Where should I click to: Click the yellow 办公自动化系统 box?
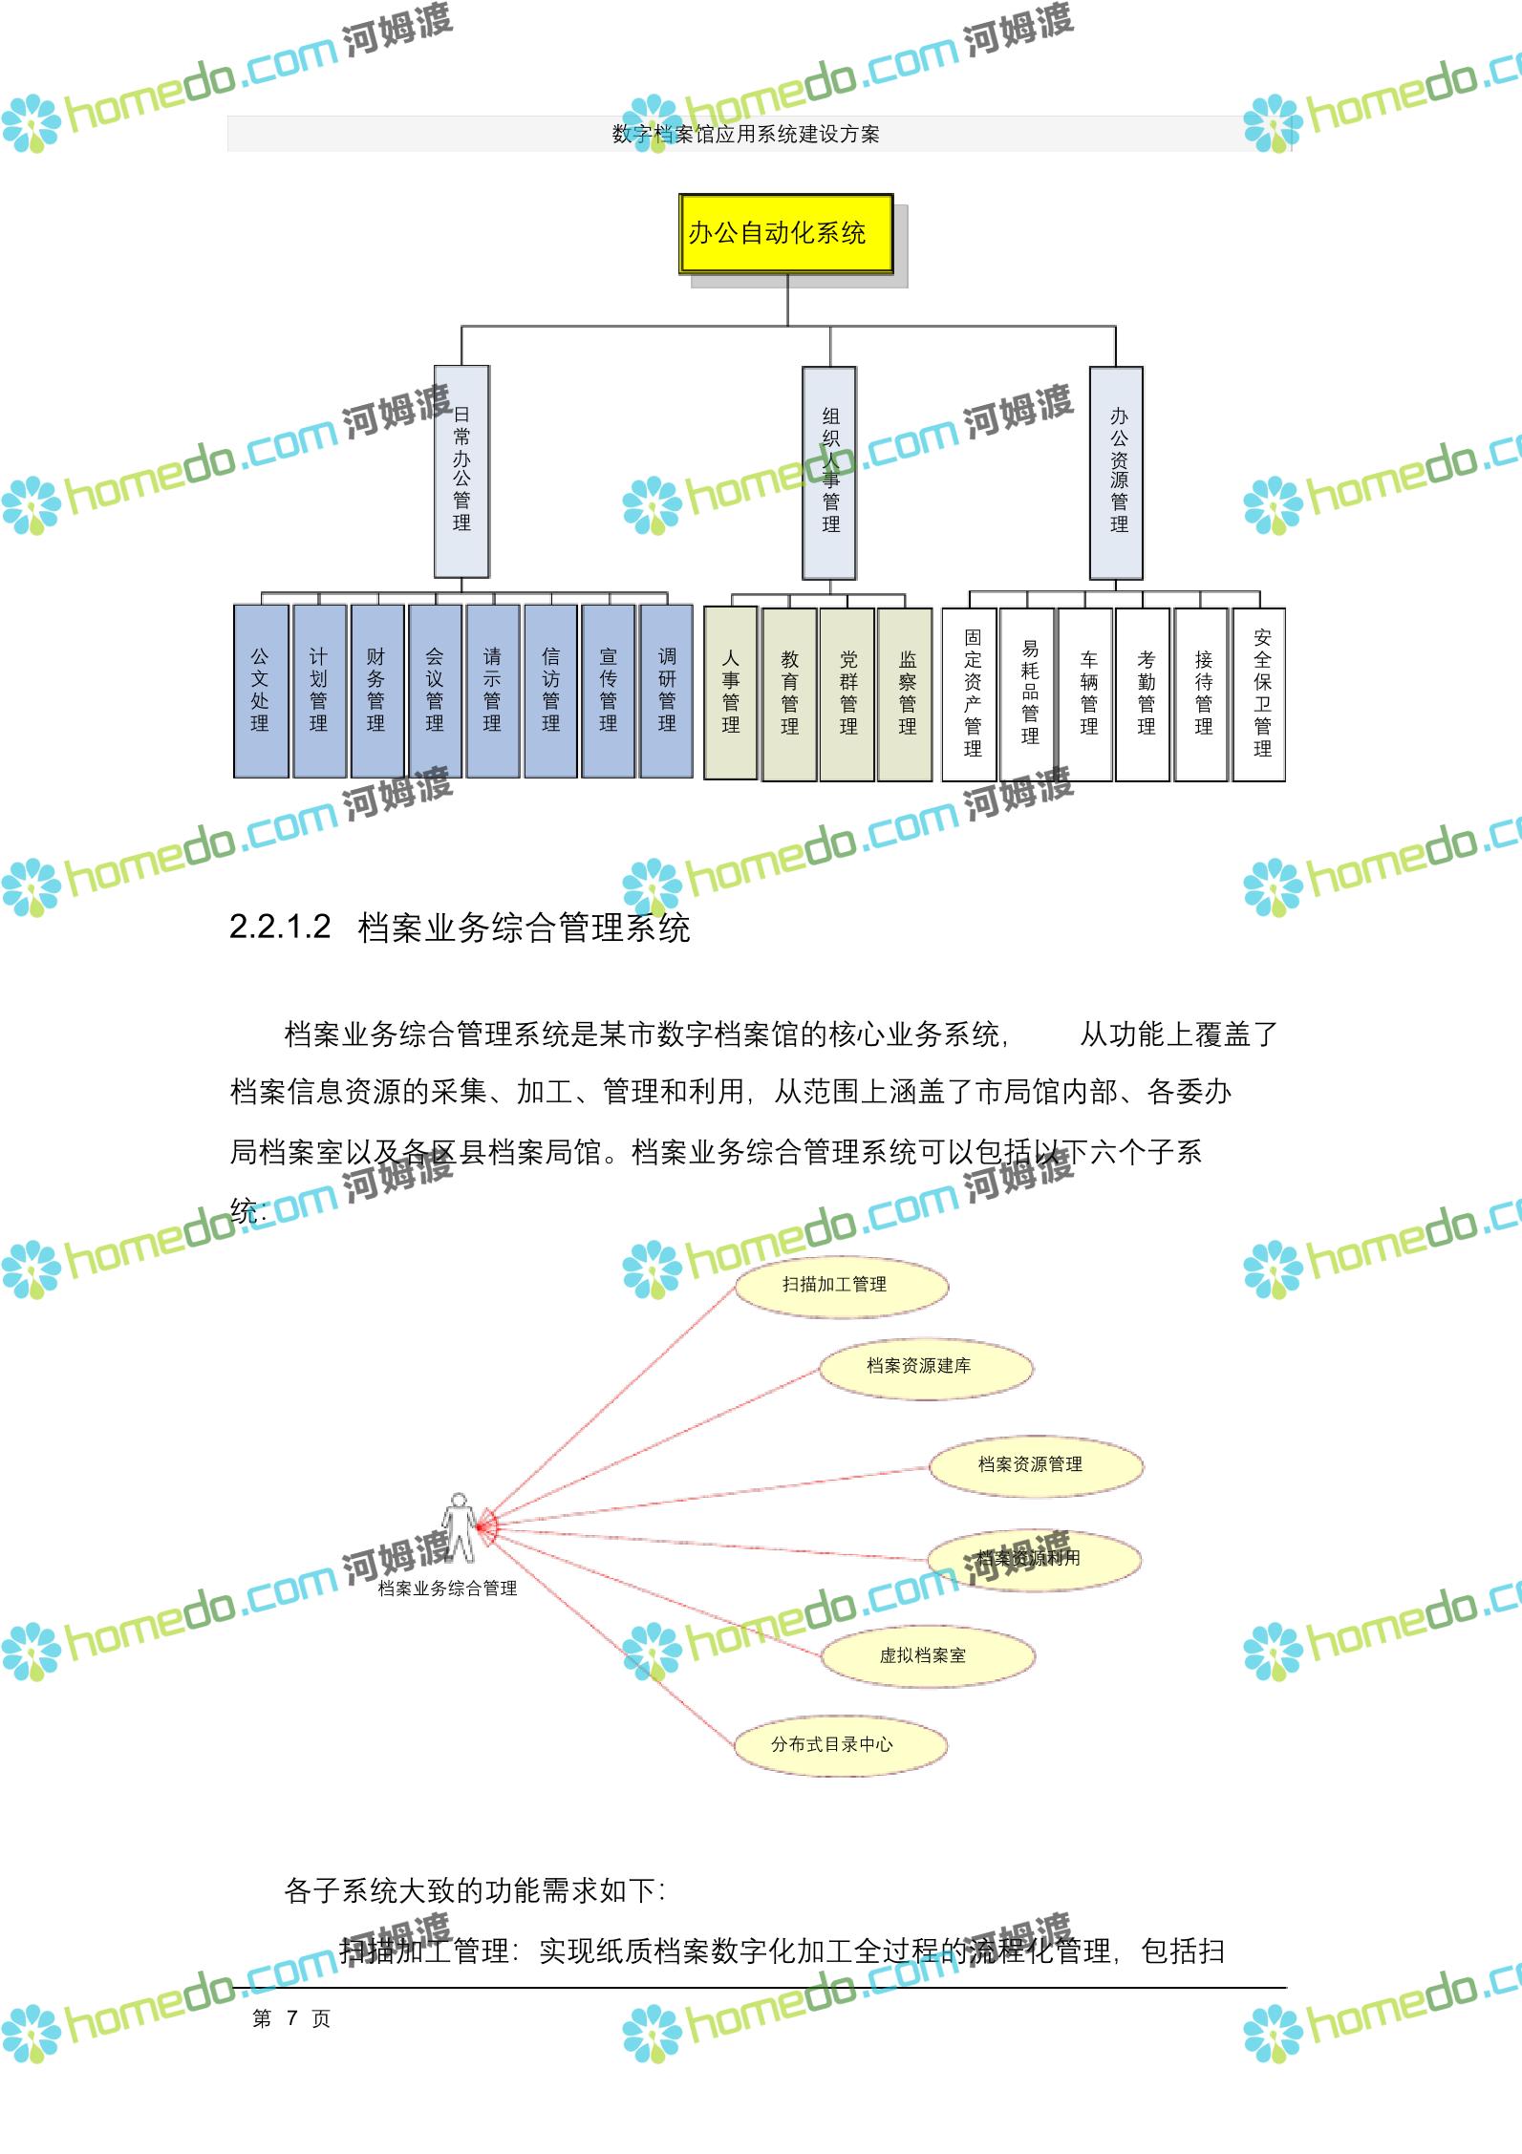(x=785, y=234)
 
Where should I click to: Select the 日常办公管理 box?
(x=461, y=471)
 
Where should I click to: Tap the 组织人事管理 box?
(x=829, y=473)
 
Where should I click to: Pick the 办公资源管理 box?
(x=1116, y=473)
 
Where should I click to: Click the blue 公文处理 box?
(x=261, y=690)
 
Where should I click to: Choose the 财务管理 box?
(x=376, y=690)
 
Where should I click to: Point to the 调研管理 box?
(x=667, y=690)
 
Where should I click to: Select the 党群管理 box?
(x=847, y=693)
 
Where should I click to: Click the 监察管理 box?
(x=906, y=693)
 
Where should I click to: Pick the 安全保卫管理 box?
(x=1260, y=693)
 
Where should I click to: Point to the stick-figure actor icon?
(x=460, y=1528)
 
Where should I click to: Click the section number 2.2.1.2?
(x=280, y=927)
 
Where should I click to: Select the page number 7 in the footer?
(x=292, y=2017)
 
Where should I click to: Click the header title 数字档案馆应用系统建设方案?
(x=745, y=135)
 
